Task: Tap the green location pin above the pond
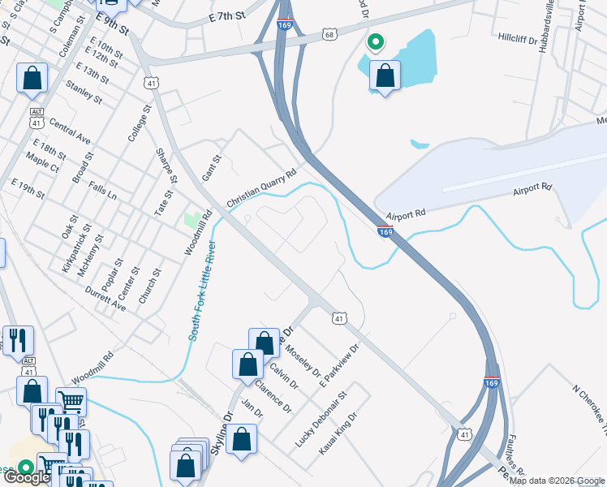[375, 41]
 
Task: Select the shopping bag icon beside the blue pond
[385, 77]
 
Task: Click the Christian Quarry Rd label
[262, 188]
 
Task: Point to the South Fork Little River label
[202, 291]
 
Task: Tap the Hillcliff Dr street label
[518, 37]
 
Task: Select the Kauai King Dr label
[338, 433]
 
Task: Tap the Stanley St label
[84, 93]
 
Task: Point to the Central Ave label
[70, 131]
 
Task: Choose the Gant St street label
[211, 170]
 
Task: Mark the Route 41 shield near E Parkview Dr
[339, 318]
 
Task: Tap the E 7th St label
[226, 16]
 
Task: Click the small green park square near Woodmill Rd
[192, 219]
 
